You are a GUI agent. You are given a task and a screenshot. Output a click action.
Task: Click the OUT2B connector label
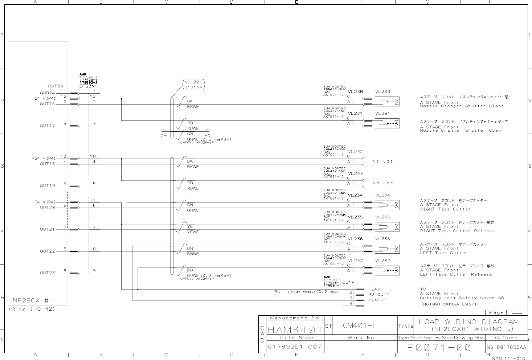tap(55, 86)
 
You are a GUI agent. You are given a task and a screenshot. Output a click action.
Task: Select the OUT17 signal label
tap(48, 126)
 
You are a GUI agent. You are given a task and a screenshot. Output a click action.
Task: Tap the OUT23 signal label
tap(48, 273)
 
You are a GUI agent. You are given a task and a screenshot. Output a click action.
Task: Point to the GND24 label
tap(47, 93)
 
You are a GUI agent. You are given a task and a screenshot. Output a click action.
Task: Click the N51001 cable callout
tap(193, 85)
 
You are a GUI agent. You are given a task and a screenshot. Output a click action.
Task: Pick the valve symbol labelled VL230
tap(386, 102)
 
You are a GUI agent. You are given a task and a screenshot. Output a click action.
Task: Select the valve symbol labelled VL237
tap(386, 270)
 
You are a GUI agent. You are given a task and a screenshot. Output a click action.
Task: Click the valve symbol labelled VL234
tap(386, 205)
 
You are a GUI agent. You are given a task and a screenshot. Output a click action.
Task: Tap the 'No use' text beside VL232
tap(382, 161)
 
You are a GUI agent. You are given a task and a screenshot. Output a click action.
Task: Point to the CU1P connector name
tap(348, 282)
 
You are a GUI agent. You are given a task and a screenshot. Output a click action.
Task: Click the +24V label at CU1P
tap(374, 289)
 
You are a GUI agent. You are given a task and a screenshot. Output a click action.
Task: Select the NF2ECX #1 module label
tap(33, 300)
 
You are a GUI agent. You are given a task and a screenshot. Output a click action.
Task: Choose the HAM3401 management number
tap(295, 330)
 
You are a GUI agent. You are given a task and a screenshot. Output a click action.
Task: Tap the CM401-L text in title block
tap(360, 326)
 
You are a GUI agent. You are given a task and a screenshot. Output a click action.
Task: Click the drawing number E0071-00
tap(439, 348)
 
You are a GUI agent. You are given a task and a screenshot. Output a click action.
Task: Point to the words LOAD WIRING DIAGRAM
tap(469, 322)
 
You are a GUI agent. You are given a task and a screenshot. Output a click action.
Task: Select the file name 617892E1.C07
tap(294, 347)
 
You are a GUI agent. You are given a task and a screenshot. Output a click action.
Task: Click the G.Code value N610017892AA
tap(506, 347)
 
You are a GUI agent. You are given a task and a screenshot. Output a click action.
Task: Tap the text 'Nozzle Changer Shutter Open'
tap(460, 131)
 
